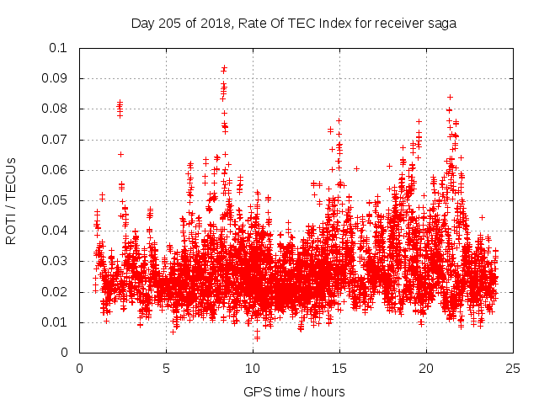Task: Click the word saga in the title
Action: pyautogui.click(x=442, y=24)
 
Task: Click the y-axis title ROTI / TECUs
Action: pyautogui.click(x=12, y=200)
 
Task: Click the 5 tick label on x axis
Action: pyautogui.click(x=167, y=368)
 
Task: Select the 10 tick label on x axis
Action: pyautogui.click(x=253, y=368)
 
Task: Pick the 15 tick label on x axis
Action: pyautogui.click(x=339, y=368)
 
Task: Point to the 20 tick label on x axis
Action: pyautogui.click(x=426, y=368)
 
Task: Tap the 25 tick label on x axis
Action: pyautogui.click(x=513, y=368)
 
